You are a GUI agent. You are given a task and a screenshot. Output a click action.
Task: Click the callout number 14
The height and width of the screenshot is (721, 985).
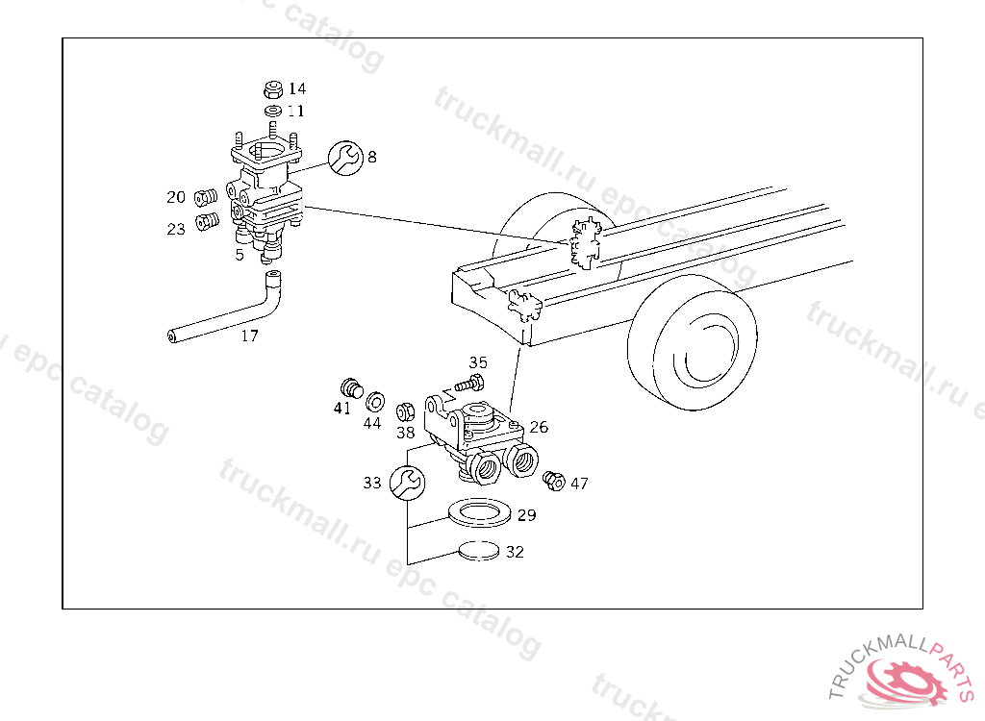(297, 88)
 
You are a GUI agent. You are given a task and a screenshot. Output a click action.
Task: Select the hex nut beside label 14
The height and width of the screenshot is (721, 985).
(272, 89)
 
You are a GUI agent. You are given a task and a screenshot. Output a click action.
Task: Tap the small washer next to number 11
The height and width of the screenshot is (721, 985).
(273, 112)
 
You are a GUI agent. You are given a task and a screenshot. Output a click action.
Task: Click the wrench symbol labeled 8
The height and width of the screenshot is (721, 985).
(345, 158)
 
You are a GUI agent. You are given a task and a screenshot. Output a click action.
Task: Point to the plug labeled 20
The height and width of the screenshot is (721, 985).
(206, 197)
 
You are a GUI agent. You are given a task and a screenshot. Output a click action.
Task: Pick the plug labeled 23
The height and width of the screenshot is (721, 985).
(208, 222)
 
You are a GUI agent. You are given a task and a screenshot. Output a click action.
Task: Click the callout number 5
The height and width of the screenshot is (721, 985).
(240, 255)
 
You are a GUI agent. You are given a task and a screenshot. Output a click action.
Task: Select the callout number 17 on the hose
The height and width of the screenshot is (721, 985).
(249, 336)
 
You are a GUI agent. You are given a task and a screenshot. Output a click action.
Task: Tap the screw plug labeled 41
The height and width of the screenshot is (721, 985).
(352, 388)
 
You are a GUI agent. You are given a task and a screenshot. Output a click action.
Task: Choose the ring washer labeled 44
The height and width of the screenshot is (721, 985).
(375, 401)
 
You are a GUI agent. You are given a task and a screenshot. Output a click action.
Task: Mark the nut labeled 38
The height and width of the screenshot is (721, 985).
(405, 412)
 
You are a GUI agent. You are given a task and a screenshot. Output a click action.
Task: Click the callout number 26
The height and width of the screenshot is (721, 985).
(539, 427)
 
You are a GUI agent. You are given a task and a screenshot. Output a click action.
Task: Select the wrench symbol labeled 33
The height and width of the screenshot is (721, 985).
(407, 483)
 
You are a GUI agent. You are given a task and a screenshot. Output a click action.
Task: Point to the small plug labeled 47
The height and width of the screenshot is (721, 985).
(553, 481)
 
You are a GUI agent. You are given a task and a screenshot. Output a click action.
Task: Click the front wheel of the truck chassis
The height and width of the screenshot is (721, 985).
(693, 342)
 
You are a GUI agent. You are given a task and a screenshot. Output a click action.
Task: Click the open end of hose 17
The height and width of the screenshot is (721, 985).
(171, 336)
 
